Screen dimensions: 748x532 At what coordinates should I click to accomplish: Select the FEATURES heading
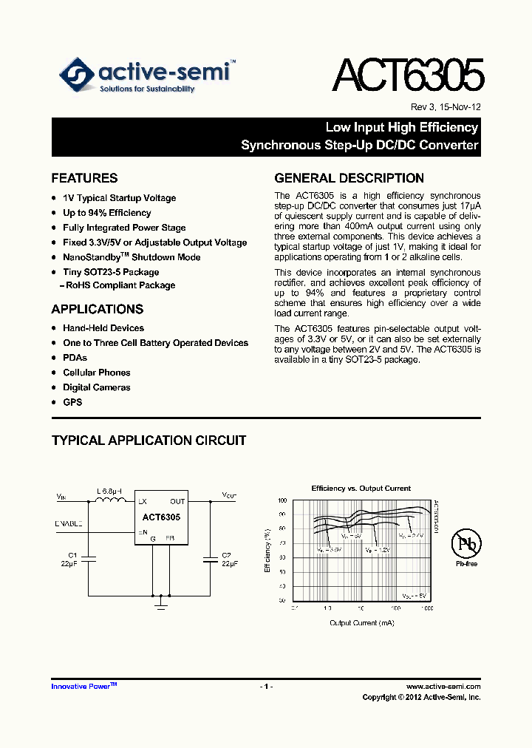click(84, 178)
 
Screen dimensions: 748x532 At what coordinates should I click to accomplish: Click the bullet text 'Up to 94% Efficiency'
click(107, 213)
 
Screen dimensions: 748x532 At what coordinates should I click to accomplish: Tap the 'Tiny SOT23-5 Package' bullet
click(111, 272)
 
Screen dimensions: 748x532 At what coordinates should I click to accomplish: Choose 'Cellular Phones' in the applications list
click(97, 373)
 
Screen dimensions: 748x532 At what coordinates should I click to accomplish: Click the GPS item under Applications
click(72, 402)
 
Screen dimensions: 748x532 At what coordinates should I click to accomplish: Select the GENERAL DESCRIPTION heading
click(349, 178)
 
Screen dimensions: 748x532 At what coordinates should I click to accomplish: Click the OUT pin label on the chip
click(177, 501)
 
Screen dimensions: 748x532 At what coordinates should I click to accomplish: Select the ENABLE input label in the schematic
click(69, 523)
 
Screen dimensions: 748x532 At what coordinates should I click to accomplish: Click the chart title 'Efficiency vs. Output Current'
click(361, 489)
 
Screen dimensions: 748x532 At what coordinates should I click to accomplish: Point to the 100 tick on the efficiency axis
click(282, 501)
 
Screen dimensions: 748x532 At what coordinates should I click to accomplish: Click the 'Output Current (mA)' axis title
click(361, 623)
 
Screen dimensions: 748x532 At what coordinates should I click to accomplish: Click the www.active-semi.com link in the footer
click(443, 687)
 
